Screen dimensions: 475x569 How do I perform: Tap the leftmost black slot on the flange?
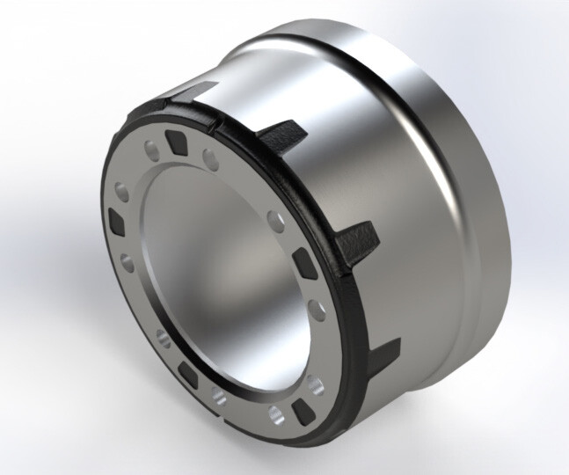click(x=117, y=217)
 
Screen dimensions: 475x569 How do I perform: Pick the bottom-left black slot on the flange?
click(x=186, y=374)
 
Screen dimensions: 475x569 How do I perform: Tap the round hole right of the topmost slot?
click(x=211, y=157)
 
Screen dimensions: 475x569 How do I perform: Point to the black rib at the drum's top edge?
click(x=197, y=90)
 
